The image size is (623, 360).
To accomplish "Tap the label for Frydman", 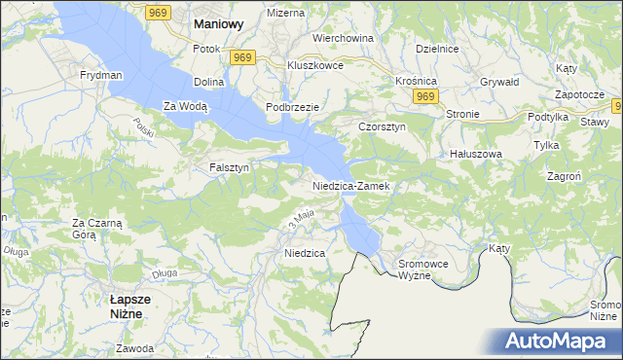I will pyautogui.click(x=101, y=75).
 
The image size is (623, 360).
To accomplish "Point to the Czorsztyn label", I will pyautogui.click(x=382, y=126).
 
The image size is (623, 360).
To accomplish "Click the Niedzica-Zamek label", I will pyautogui.click(x=350, y=185).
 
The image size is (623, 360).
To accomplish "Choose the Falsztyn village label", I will pyautogui.click(x=230, y=167).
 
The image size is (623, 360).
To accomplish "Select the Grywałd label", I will pyautogui.click(x=499, y=82).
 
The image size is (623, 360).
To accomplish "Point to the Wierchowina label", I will pyautogui.click(x=343, y=38).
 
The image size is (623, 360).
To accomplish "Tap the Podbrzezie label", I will pyautogui.click(x=294, y=105).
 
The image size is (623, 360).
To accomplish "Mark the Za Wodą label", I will pyautogui.click(x=185, y=106).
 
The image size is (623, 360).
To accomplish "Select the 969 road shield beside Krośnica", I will pyautogui.click(x=423, y=97).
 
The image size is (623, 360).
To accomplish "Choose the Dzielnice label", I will pyautogui.click(x=436, y=48).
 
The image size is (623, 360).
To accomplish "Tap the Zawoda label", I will pyautogui.click(x=134, y=348).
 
